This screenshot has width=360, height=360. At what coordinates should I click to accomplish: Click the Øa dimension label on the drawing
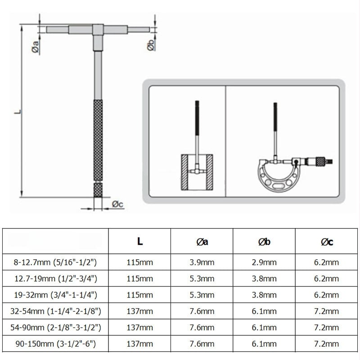coord(36,47)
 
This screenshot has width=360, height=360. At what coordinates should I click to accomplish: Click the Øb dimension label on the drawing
coord(151,45)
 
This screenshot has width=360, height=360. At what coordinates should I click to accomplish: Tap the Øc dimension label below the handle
coord(117,204)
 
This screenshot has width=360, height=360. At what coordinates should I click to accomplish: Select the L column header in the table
coord(139,241)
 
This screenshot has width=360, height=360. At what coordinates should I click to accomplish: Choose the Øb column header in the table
coord(264,242)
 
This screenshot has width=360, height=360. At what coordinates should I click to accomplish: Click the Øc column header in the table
coord(327,242)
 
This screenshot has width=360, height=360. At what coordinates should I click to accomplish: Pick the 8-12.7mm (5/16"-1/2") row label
coord(55,262)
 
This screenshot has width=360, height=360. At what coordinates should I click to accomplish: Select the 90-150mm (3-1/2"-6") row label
coord(55,344)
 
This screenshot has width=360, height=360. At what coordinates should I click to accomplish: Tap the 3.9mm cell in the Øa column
coord(202,262)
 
